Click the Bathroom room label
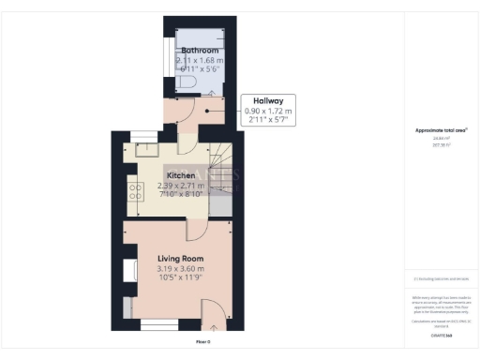200,51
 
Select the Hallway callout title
269,100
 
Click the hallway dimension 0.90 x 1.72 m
269,112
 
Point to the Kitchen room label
181,175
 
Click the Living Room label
180,259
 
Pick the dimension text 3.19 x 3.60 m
180,270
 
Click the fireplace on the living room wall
127,269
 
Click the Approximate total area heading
441,130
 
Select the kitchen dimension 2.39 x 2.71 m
181,186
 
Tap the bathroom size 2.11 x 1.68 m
200,60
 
